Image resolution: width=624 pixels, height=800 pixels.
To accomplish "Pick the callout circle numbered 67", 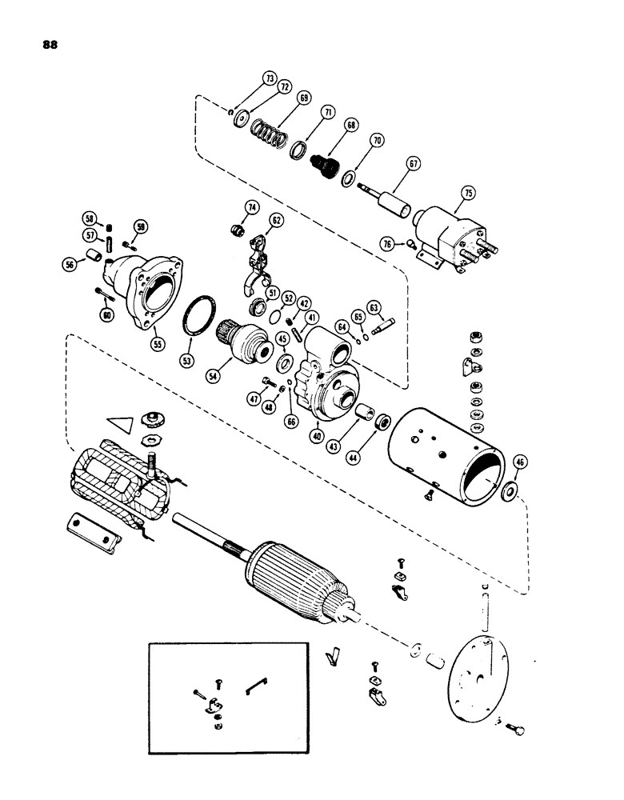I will pos(413,164).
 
